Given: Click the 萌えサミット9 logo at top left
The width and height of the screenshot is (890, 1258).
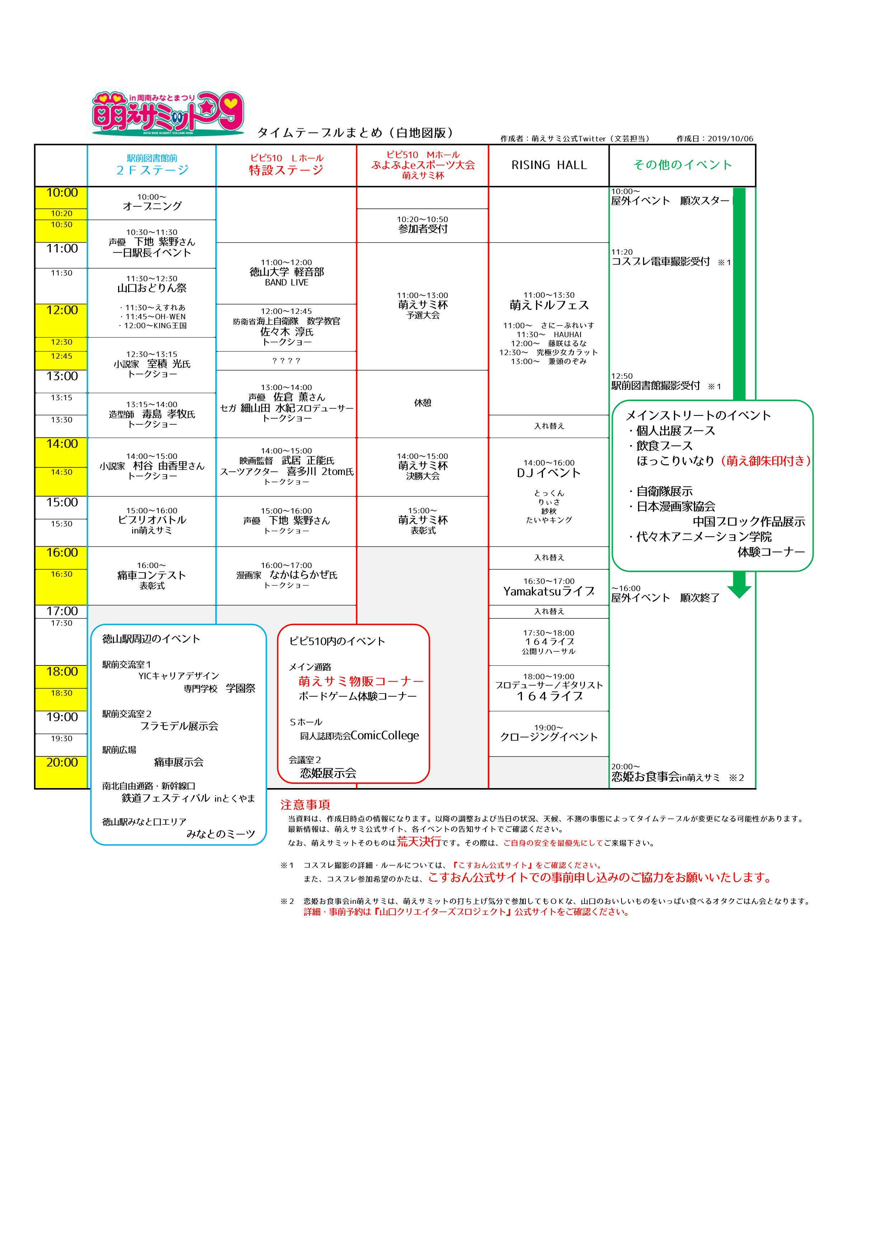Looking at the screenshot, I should pyautogui.click(x=168, y=113).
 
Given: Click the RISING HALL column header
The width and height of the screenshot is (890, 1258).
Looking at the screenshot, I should pyautogui.click(x=549, y=165).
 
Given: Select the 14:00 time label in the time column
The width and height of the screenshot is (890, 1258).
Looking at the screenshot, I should pyautogui.click(x=62, y=444).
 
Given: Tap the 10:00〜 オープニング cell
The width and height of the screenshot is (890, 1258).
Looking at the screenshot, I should pyautogui.click(x=152, y=202).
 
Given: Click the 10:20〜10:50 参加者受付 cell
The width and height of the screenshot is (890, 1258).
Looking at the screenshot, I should pyautogui.click(x=422, y=225).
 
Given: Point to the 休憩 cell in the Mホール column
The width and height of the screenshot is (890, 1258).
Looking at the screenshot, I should pyautogui.click(x=422, y=403).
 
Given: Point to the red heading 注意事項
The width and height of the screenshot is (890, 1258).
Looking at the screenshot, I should pyautogui.click(x=305, y=804).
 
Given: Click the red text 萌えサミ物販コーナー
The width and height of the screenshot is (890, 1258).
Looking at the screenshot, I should pyautogui.click(x=361, y=681).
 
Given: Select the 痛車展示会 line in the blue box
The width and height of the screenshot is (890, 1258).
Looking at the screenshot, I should pyautogui.click(x=179, y=762).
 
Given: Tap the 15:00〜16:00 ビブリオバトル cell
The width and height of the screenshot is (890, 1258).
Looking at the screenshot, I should pyautogui.click(x=152, y=520).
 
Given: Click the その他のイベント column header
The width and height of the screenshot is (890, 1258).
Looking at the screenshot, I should pyautogui.click(x=682, y=165).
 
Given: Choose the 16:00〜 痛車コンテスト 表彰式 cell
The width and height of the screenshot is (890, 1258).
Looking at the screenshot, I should pyautogui.click(x=152, y=575).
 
